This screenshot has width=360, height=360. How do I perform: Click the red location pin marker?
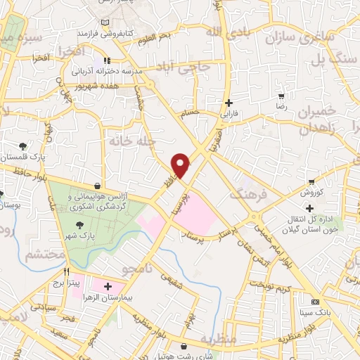[181, 165]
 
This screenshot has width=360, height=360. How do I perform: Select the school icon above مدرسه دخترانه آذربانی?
[107, 61]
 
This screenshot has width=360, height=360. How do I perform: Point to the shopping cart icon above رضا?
[281, 96]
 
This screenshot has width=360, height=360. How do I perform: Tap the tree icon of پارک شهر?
[79, 225]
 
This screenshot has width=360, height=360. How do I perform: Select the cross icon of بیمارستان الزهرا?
[107, 286]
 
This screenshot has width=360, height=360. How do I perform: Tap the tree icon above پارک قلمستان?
[23, 146]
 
